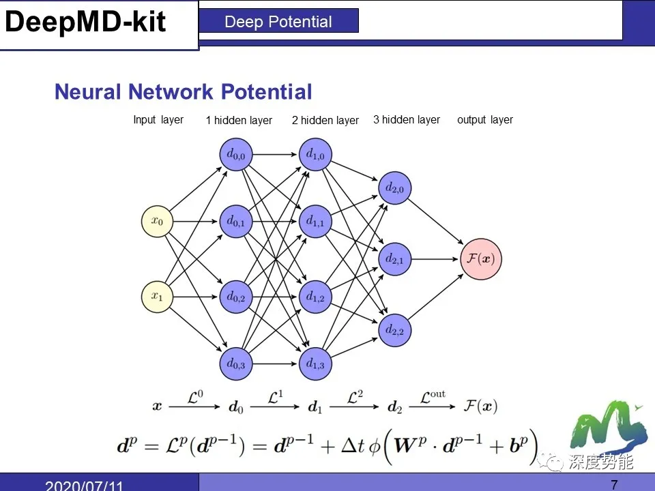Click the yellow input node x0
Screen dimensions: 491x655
point(158,221)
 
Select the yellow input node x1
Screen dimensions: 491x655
point(158,297)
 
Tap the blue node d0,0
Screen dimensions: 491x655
point(236,155)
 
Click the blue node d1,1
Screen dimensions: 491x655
point(315,221)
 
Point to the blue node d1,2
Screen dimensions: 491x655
point(315,297)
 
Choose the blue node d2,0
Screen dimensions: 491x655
point(394,188)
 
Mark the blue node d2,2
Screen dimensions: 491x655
point(394,330)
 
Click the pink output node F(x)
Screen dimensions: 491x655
point(481,259)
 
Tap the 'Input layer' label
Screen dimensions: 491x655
point(158,120)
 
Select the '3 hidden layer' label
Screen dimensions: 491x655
point(407,120)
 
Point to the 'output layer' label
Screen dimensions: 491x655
point(485,120)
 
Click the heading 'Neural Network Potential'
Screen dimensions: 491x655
point(183,92)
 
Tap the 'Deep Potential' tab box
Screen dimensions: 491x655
point(278,22)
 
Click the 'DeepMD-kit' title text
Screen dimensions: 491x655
point(86,23)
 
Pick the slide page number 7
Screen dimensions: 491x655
point(614,485)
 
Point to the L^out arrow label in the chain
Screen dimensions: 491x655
point(432,396)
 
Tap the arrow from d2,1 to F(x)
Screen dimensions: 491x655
point(437,259)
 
